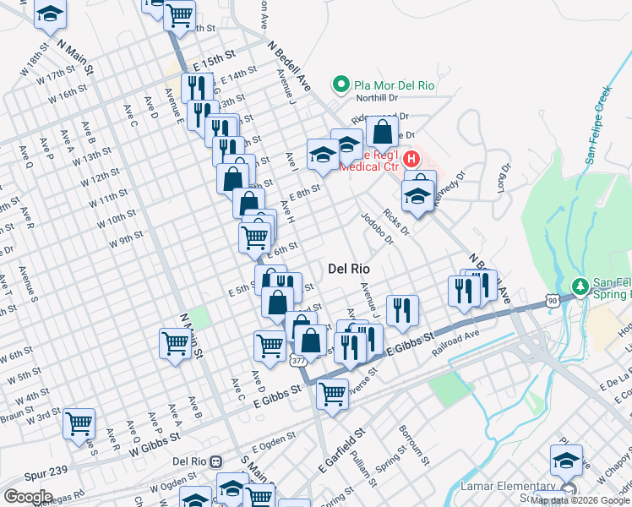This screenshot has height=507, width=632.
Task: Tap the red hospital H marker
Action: [411, 158]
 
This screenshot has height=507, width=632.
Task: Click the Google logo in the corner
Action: [28, 497]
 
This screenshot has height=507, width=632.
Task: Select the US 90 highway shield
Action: [552, 300]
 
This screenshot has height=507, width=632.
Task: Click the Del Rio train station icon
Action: [217, 462]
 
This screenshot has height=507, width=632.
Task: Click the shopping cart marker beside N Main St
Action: [174, 343]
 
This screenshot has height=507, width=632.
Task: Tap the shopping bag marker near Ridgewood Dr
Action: [382, 132]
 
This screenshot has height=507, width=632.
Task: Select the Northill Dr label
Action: [377, 98]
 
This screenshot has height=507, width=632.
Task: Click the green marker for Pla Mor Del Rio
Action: [341, 84]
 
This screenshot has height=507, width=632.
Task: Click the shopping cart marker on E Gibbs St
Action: [333, 392]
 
